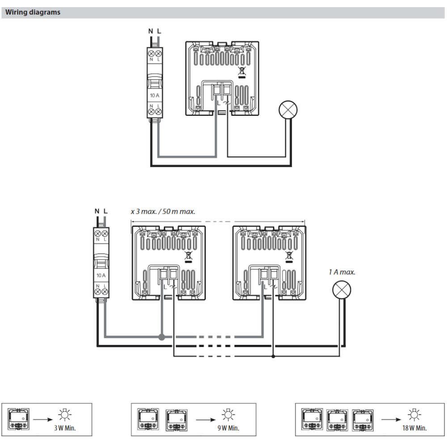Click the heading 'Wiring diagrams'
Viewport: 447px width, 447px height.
coord(33,13)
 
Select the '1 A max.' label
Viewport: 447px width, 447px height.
coord(342,272)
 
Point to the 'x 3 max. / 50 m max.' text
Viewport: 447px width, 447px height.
coord(163,211)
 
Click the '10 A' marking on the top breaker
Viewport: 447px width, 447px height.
coord(155,96)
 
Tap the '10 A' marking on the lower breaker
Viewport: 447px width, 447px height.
coord(101,275)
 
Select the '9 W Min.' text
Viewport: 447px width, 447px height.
coord(229,428)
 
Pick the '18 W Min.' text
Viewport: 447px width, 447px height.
coord(414,428)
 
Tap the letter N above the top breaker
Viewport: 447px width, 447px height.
coord(151,31)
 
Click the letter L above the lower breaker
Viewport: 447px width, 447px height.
coord(105,211)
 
